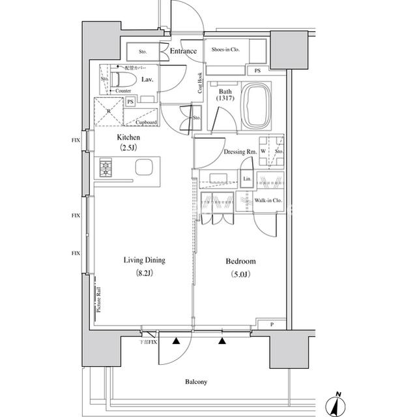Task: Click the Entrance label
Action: pyautogui.click(x=183, y=52)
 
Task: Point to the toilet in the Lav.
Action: pyautogui.click(x=124, y=80)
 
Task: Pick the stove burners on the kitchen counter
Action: pyautogui.click(x=107, y=168)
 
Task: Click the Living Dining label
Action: pyautogui.click(x=145, y=260)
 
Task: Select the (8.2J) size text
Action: pyautogui.click(x=145, y=273)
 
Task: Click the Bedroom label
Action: pyautogui.click(x=240, y=261)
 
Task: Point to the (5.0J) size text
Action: pyautogui.click(x=240, y=273)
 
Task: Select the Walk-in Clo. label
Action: pyautogui.click(x=267, y=201)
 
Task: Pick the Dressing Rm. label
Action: pyautogui.click(x=238, y=152)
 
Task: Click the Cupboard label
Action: pyautogui.click(x=146, y=122)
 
